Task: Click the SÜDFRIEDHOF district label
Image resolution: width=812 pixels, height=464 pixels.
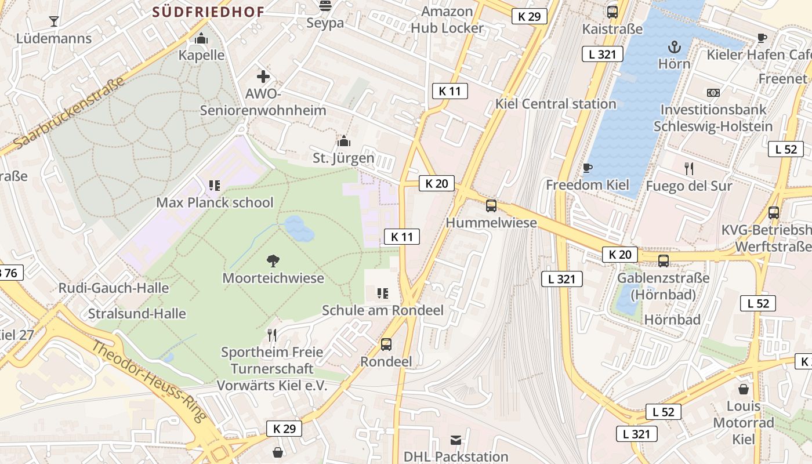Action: pyautogui.click(x=208, y=12)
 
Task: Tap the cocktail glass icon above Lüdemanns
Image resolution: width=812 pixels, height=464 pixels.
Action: pyautogui.click(x=54, y=21)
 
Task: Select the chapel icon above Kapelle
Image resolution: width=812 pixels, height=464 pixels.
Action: pyautogui.click(x=201, y=38)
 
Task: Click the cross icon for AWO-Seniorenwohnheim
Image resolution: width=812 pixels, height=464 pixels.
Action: pyautogui.click(x=263, y=76)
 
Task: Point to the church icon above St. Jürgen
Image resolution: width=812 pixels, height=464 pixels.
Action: pyautogui.click(x=343, y=141)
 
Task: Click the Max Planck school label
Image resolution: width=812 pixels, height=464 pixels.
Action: pyautogui.click(x=215, y=202)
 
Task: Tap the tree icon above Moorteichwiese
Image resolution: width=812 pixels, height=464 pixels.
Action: pyautogui.click(x=273, y=261)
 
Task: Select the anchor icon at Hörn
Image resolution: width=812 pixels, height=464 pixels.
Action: pyautogui.click(x=674, y=47)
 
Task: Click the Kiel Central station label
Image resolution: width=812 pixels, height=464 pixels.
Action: pyautogui.click(x=556, y=104)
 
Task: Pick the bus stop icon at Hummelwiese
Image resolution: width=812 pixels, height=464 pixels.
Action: pyautogui.click(x=491, y=205)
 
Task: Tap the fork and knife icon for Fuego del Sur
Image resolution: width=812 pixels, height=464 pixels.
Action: pyautogui.click(x=688, y=169)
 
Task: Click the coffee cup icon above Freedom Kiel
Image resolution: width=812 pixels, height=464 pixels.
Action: pyautogui.click(x=587, y=168)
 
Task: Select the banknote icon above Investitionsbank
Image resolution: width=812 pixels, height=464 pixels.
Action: pyautogui.click(x=713, y=93)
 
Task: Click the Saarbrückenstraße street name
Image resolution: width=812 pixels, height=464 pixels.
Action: pyautogui.click(x=68, y=114)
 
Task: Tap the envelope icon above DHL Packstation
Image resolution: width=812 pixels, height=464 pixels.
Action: pyautogui.click(x=456, y=440)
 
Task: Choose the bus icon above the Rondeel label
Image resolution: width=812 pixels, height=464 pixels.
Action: pyautogui.click(x=386, y=345)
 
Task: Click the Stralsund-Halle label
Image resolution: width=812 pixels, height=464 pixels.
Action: pyautogui.click(x=137, y=314)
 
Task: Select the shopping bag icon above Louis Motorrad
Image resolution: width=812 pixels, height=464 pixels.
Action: pyautogui.click(x=743, y=389)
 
